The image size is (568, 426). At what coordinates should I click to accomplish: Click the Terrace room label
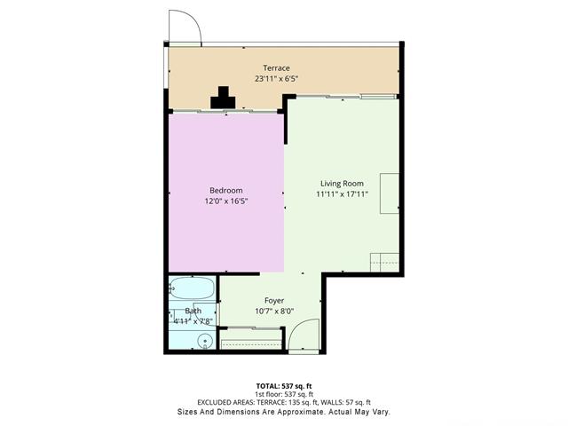276,68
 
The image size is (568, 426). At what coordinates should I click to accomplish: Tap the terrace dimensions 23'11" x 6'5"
276,79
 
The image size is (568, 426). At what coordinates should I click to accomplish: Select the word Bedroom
225,191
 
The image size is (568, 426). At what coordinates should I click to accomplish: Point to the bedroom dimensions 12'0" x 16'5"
225,201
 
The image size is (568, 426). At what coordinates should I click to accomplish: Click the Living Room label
342,184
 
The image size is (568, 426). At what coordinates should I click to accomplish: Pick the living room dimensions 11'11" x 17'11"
342,194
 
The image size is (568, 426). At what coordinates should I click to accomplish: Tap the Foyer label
273,301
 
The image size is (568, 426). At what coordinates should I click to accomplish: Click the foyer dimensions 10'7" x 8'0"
273,312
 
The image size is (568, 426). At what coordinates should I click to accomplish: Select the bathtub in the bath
192,289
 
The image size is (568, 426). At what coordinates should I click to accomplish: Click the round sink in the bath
205,339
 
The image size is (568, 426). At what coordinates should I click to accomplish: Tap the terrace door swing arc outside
186,27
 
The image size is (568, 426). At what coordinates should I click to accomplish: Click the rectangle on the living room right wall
390,193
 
